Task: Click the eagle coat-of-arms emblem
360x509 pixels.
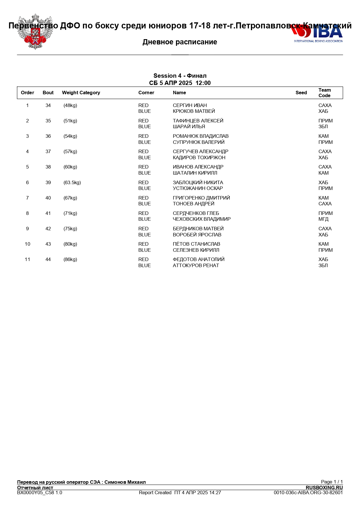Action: [35, 32]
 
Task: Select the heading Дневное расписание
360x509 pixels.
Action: [180, 42]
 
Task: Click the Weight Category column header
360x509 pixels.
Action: [81, 93]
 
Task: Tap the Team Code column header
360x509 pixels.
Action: [325, 93]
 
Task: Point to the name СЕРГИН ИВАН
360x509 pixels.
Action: [190, 106]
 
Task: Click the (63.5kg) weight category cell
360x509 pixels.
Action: [72, 183]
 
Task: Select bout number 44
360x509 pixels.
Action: [48, 260]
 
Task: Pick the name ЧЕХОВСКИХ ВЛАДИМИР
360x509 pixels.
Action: [202, 219]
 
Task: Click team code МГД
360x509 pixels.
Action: [323, 219]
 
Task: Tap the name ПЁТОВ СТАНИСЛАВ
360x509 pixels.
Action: [196, 244]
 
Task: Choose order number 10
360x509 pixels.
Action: [28, 244]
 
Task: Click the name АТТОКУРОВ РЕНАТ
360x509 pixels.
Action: [196, 266]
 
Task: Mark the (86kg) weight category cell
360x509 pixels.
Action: [70, 260]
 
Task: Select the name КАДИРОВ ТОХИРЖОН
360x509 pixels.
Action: [199, 158]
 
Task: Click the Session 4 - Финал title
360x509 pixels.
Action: [180, 76]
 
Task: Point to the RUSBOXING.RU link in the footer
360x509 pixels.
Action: [324, 488]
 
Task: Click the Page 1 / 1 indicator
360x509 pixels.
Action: [332, 482]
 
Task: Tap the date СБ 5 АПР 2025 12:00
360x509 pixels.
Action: [180, 83]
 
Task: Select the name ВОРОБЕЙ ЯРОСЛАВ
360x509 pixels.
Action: [197, 235]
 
